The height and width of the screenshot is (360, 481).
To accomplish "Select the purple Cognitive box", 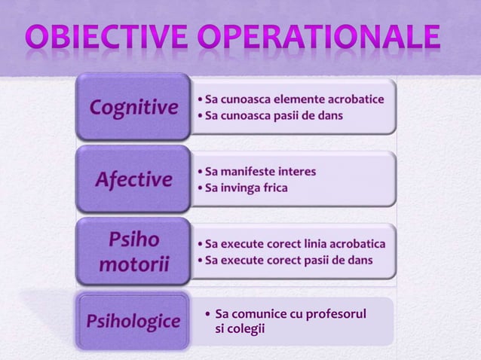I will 134,108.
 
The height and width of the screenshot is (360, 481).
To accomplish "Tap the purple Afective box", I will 133,180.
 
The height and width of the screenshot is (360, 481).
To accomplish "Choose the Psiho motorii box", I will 134,253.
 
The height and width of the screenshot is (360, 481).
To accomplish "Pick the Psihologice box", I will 133,322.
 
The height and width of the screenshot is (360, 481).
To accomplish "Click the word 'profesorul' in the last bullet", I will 335,313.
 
